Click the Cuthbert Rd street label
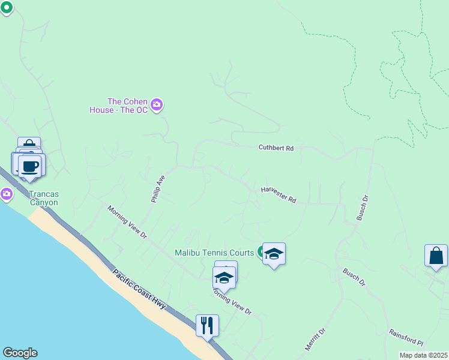tap(276, 148)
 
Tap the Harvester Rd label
tap(279, 194)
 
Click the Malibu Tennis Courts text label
tap(215, 253)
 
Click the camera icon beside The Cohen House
tap(157, 106)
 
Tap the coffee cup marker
tap(29, 165)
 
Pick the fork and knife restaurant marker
tap(207, 325)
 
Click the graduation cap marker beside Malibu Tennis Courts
tap(274, 254)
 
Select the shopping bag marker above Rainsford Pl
tap(436, 255)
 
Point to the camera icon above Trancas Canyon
tap(7, 193)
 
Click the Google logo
tap(20, 353)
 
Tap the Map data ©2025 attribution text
tap(424, 355)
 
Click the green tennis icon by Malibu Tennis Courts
tap(262, 251)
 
